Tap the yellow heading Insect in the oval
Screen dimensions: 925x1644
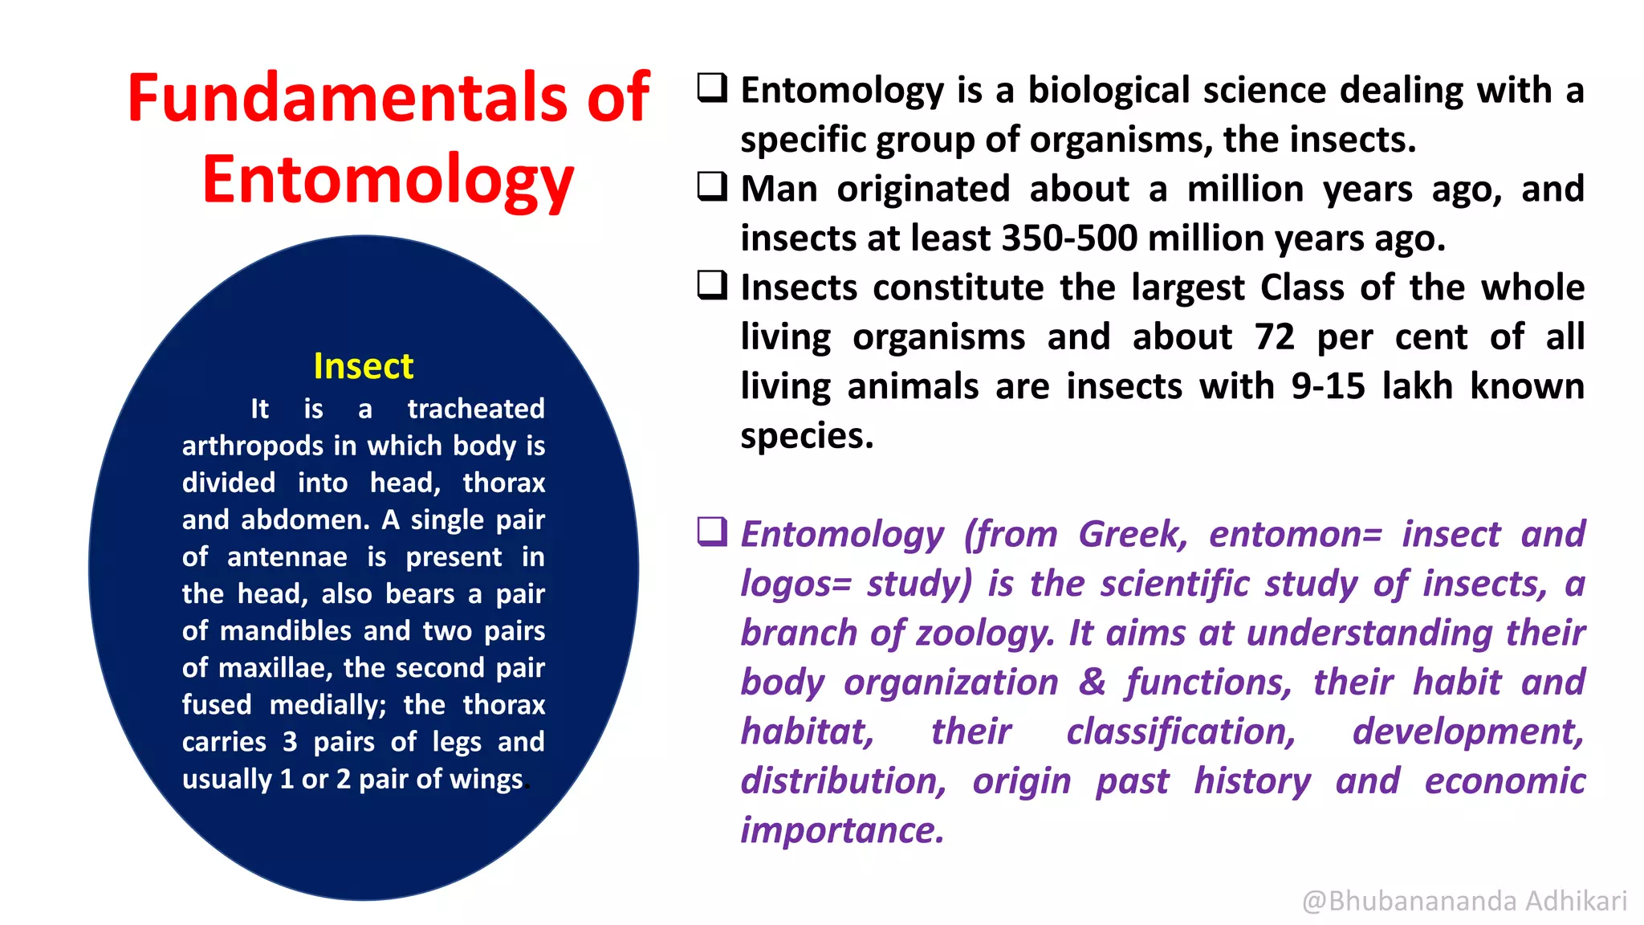[363, 366]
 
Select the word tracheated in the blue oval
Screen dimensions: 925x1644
[476, 409]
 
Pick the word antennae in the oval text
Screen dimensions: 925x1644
[287, 557]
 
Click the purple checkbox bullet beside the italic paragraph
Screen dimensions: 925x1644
[712, 532]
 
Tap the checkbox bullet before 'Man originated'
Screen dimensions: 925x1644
[712, 186]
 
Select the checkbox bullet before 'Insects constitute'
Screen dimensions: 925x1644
[712, 285]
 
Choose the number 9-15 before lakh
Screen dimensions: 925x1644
[1328, 387]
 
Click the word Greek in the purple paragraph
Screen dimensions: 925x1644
[1132, 535]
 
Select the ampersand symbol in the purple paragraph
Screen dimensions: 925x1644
[1092, 683]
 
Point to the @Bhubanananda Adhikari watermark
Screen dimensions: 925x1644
[1464, 901]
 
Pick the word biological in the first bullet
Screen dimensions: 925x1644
[1109, 90]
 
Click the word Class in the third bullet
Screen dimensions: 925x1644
[1301, 287]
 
